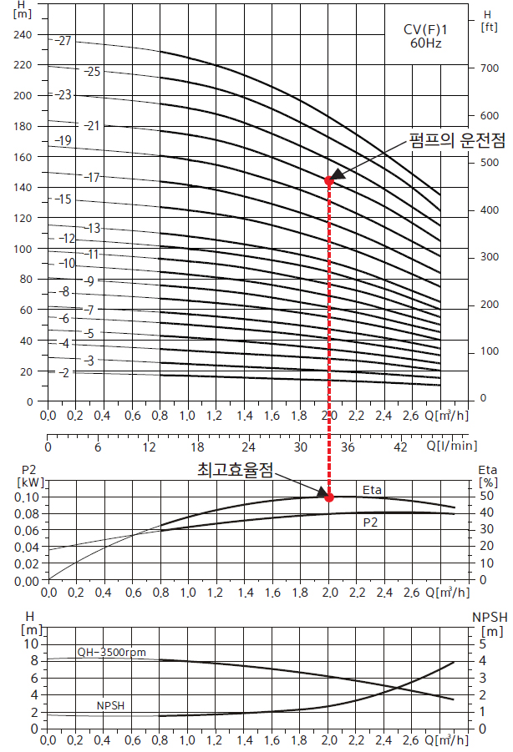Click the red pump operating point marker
[x=329, y=180]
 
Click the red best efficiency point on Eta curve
[x=329, y=497]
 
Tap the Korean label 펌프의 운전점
[x=457, y=140]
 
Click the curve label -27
[x=64, y=41]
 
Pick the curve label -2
[x=64, y=372]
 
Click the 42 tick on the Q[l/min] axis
[x=400, y=447]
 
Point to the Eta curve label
[x=372, y=490]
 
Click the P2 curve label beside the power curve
[x=373, y=522]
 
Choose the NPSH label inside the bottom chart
[x=110, y=706]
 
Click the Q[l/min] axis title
[x=451, y=447]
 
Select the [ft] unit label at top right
[x=490, y=27]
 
